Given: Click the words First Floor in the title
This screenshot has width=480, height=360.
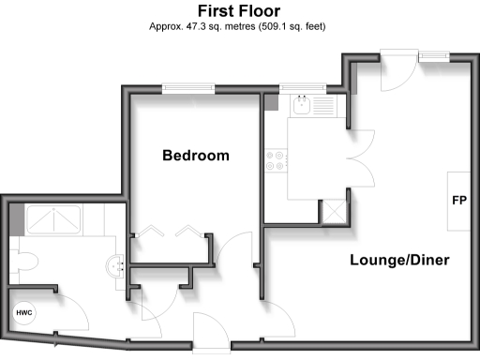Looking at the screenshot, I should point(239,9).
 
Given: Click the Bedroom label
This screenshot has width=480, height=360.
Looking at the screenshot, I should point(195,156).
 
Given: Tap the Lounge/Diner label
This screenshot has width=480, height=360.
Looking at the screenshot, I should point(399,260).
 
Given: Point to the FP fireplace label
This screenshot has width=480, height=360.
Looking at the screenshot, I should point(459,202).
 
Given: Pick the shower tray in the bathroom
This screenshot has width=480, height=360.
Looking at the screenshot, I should point(54,222).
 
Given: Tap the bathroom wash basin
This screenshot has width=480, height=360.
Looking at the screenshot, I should point(117,266).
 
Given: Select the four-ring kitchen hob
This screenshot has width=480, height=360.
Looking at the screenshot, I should point(276,161).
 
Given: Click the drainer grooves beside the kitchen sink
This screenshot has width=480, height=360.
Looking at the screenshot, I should point(326,106).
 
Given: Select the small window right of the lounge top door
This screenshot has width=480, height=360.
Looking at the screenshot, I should point(433,58).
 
